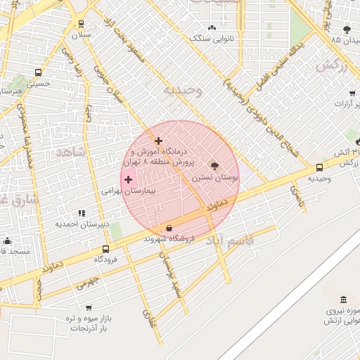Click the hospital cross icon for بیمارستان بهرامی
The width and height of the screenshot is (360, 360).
pyautogui.click(x=128, y=180)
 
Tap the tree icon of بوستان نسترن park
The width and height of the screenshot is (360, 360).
pyautogui.click(x=214, y=166)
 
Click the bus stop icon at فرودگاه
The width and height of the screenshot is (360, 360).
pyautogui.click(x=105, y=249)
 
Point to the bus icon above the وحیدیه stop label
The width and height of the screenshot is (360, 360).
pyautogui.click(x=320, y=167)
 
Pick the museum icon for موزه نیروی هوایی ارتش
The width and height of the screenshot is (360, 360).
pyautogui.click(x=343, y=300)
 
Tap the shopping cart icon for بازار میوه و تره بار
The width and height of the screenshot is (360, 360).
pyautogui.click(x=89, y=307)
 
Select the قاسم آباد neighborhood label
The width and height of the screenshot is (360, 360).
pyautogui.click(x=230, y=241)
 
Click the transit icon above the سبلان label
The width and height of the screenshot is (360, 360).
pyautogui.click(x=81, y=23)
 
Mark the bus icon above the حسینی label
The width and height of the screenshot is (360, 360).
pyautogui.click(x=38, y=72)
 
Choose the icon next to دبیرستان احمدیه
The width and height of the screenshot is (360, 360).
pyautogui.click(x=82, y=212)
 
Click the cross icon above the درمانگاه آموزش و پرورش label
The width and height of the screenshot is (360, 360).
pyautogui.click(x=158, y=141)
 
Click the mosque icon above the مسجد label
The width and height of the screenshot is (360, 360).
pyautogui.click(x=7, y=240)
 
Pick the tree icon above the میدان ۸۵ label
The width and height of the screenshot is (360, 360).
pyautogui.click(x=347, y=29)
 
